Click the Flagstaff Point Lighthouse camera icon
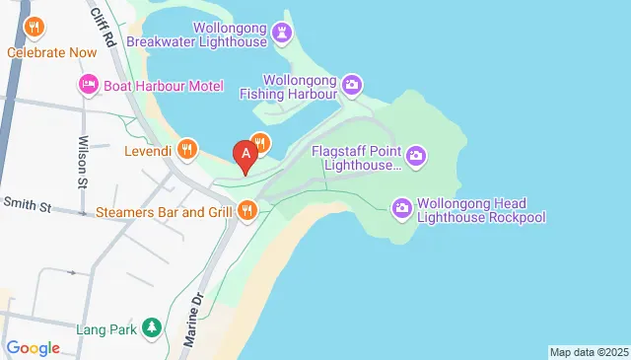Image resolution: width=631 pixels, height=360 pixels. tap(416, 156)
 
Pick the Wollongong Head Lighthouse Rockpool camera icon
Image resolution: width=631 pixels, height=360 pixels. tap(401, 207)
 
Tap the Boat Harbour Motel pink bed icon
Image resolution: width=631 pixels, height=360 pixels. tap(88, 86)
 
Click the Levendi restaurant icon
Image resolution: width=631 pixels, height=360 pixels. tap(190, 150)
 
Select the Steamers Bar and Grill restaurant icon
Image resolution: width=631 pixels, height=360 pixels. tap(246, 210)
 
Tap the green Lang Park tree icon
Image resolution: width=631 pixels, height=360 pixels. tap(151, 326)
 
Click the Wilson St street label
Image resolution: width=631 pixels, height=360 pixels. tap(83, 161)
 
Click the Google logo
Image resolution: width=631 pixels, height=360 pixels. tap(33, 347)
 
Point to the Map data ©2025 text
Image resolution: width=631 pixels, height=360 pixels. tap(588, 352)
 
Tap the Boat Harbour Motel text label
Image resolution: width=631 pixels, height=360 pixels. tap(164, 86)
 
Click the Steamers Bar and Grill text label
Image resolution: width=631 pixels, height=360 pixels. tap(165, 211)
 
